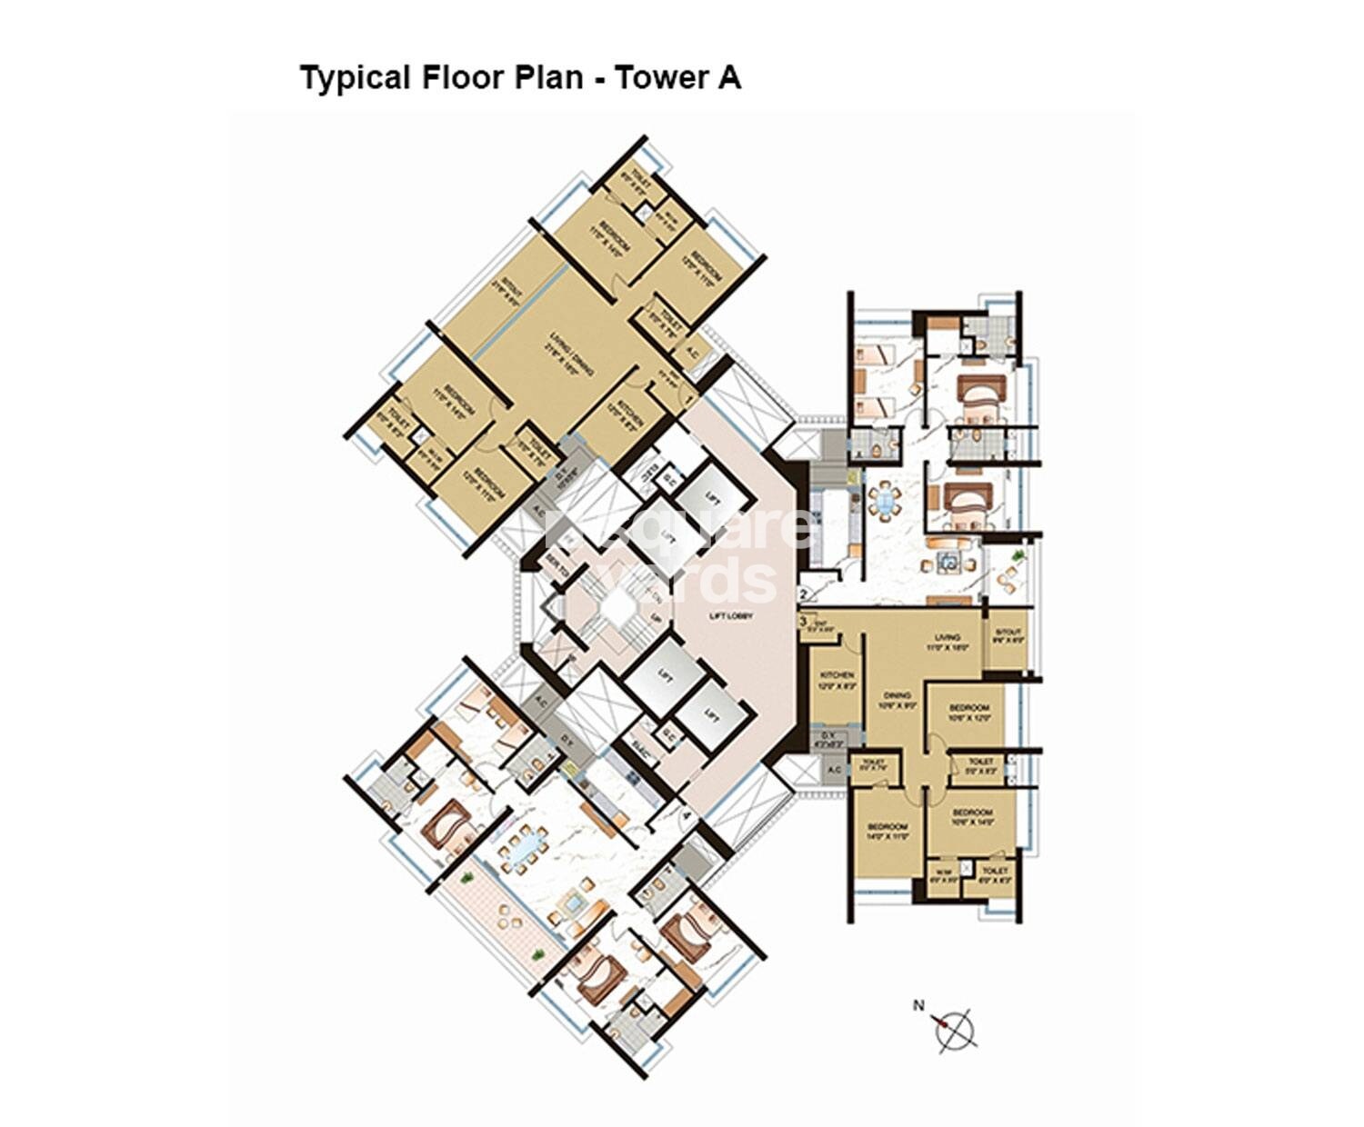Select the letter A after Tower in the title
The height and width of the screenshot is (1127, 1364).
[x=729, y=78]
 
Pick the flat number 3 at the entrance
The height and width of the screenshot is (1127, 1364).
[x=803, y=623]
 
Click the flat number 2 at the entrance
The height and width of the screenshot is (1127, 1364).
[x=803, y=594]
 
